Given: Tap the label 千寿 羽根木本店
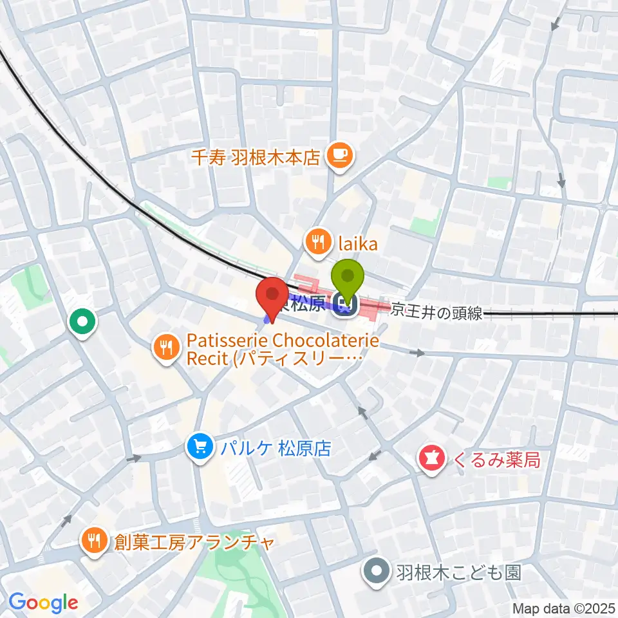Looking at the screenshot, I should (256, 157).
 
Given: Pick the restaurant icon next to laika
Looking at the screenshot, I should (317, 243).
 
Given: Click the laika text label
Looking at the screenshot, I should (353, 243).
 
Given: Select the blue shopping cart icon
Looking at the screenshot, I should (200, 447).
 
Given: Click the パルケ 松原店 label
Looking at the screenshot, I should (273, 447).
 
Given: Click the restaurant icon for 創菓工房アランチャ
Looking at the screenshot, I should (95, 539).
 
